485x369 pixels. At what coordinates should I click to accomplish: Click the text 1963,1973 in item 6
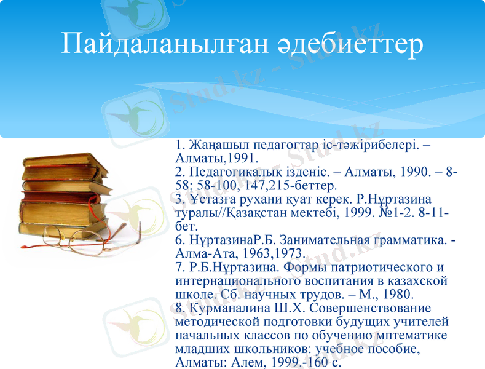coord(270,253)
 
